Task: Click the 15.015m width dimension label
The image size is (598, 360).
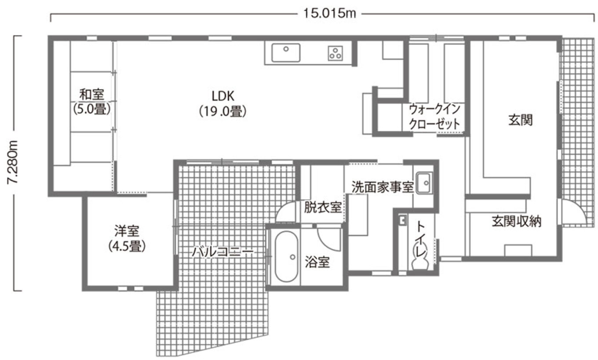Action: click(329, 14)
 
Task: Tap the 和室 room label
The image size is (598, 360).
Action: click(92, 94)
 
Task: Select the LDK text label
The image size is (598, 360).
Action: click(223, 95)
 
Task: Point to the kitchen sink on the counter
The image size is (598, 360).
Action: click(286, 53)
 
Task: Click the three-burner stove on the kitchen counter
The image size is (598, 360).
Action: click(336, 53)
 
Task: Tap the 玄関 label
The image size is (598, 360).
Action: click(520, 120)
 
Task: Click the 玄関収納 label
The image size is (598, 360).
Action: click(516, 222)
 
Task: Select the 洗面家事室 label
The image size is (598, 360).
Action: click(383, 187)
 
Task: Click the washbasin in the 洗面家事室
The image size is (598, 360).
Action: click(425, 182)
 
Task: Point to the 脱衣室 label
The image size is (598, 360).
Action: click(323, 207)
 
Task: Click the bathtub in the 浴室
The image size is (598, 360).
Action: click(287, 258)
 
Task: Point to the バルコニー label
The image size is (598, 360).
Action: click(223, 252)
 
